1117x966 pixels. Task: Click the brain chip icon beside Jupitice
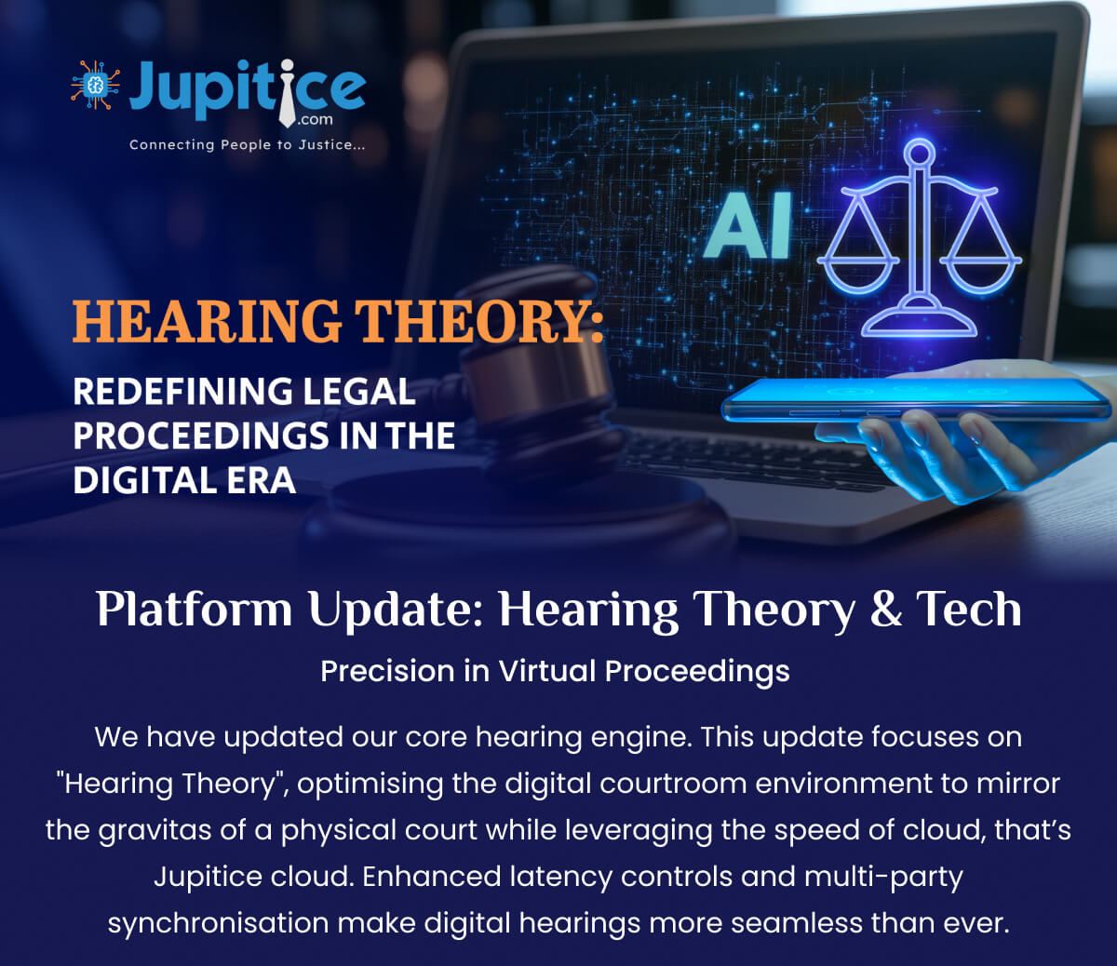point(96,86)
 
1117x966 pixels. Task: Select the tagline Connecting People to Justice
point(247,145)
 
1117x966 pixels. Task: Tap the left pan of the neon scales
point(858,275)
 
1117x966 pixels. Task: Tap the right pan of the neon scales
point(980,275)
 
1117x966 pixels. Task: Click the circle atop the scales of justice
point(920,154)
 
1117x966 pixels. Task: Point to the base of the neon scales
point(920,321)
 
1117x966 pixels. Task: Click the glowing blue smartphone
point(916,399)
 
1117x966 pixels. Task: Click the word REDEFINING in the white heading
point(183,392)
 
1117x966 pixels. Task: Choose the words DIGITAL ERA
point(184,480)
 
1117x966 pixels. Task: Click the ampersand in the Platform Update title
point(886,609)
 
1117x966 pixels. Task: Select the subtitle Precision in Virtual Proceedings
point(555,671)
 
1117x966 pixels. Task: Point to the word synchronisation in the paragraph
point(219,923)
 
